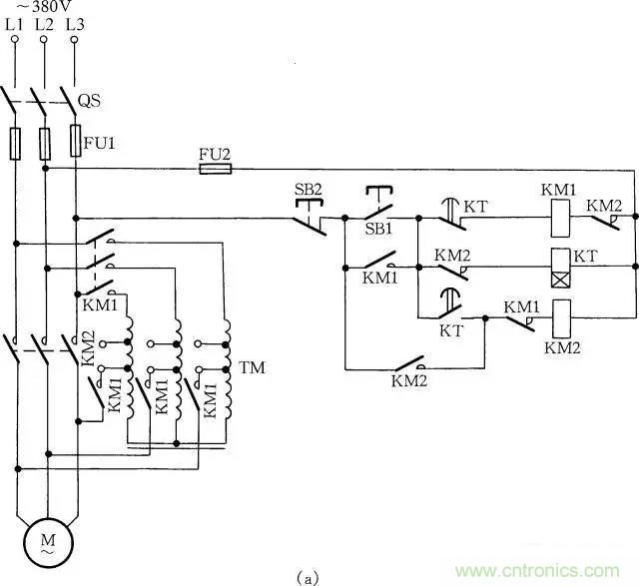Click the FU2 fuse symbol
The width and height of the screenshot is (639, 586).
[x=216, y=169]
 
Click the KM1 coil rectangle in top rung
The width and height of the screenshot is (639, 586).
[x=561, y=218]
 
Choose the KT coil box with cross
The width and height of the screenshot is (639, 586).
[x=561, y=267]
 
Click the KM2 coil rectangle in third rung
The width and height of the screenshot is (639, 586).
[x=561, y=318]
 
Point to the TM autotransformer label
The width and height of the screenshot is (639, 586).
[x=250, y=368]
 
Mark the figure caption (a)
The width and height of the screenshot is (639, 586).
[x=309, y=577]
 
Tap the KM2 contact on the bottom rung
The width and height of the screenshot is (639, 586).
[x=410, y=364]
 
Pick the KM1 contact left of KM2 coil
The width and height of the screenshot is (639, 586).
[x=518, y=318]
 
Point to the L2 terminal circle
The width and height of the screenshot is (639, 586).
[x=45, y=40]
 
